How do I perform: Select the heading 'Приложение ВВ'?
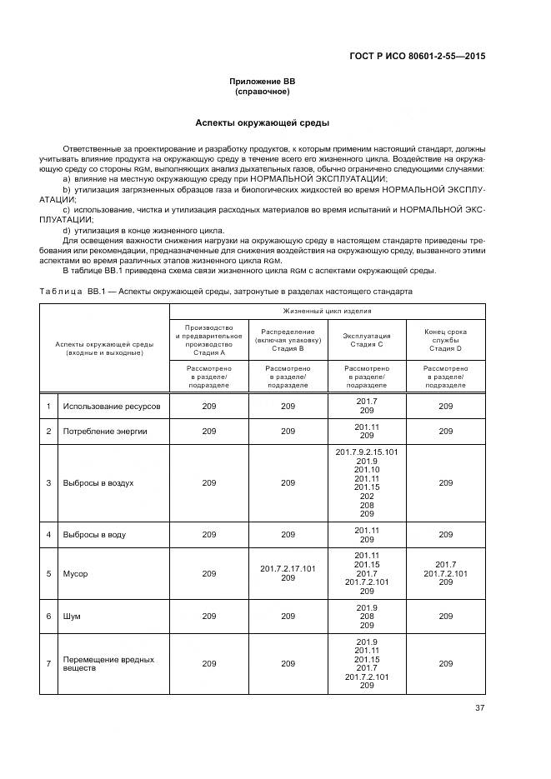263,82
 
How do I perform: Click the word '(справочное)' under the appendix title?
263,91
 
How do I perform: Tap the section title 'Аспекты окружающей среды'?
263,122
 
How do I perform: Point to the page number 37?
480,708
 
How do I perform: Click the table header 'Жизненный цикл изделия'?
328,311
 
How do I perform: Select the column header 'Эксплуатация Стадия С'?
366,338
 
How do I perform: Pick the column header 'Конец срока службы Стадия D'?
445,338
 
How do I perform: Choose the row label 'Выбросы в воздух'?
98,482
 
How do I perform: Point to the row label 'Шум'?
72,617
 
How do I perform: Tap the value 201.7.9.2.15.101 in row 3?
366,452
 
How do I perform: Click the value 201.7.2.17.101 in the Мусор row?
288,569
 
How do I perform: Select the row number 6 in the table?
49,617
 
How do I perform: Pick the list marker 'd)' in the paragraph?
68,229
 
